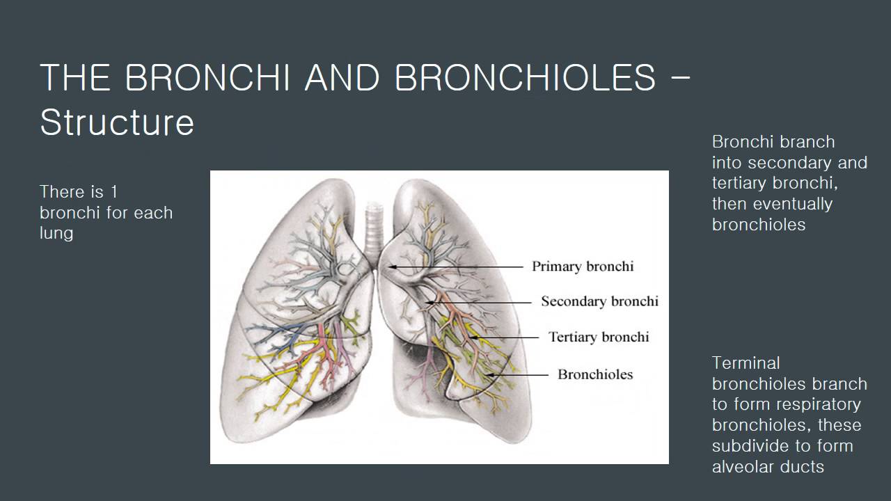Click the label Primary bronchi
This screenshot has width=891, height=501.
pyautogui.click(x=583, y=267)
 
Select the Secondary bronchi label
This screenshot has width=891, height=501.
pyautogui.click(x=599, y=301)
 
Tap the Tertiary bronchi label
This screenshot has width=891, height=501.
pyautogui.click(x=598, y=337)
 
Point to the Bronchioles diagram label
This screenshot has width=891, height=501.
pyautogui.click(x=595, y=374)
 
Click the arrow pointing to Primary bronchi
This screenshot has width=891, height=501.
pyautogui.click(x=456, y=267)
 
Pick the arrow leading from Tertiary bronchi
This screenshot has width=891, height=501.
pyautogui.click(x=505, y=337)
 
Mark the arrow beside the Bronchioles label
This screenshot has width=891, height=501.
pyautogui.click(x=519, y=374)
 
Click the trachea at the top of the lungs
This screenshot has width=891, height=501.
pyautogui.click(x=375, y=219)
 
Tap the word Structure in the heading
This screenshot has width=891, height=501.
pyautogui.click(x=117, y=122)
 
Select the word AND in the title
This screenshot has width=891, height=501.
pyautogui.click(x=342, y=77)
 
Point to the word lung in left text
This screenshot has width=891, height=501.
pyautogui.click(x=56, y=233)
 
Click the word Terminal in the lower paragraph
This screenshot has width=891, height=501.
pyautogui.click(x=746, y=363)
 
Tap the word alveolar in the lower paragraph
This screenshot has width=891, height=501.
pyautogui.click(x=743, y=467)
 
